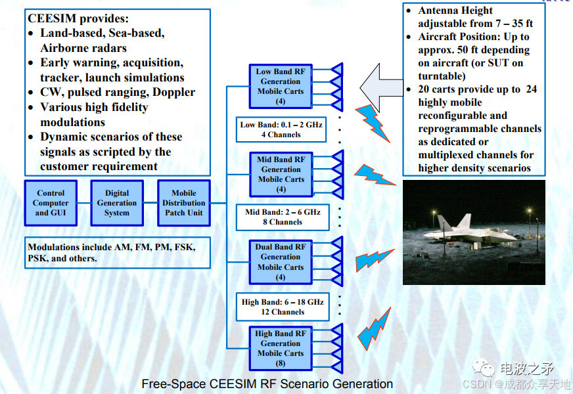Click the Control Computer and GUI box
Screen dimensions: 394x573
[x=51, y=203]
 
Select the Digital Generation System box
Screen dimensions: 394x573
[x=117, y=203]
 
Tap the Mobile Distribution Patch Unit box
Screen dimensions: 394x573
[x=184, y=203]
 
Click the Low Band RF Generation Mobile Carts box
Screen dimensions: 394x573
[x=281, y=87]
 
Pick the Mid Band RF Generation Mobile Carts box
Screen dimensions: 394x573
[x=281, y=174]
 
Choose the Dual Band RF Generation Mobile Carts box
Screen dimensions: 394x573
[x=281, y=262]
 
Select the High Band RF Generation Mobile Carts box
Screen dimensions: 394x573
[x=281, y=348]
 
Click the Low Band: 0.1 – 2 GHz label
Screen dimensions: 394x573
[x=281, y=129]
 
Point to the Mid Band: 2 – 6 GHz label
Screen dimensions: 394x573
[x=283, y=217]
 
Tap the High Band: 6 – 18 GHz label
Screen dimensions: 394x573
[x=283, y=307]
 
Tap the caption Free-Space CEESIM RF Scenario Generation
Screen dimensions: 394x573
[x=267, y=384]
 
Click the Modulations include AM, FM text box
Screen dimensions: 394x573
[x=118, y=253]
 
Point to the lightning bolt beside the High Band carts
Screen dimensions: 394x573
[x=374, y=328]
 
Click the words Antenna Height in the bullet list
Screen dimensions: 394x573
[x=455, y=11]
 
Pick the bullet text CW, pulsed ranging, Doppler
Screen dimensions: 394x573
[x=118, y=92]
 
